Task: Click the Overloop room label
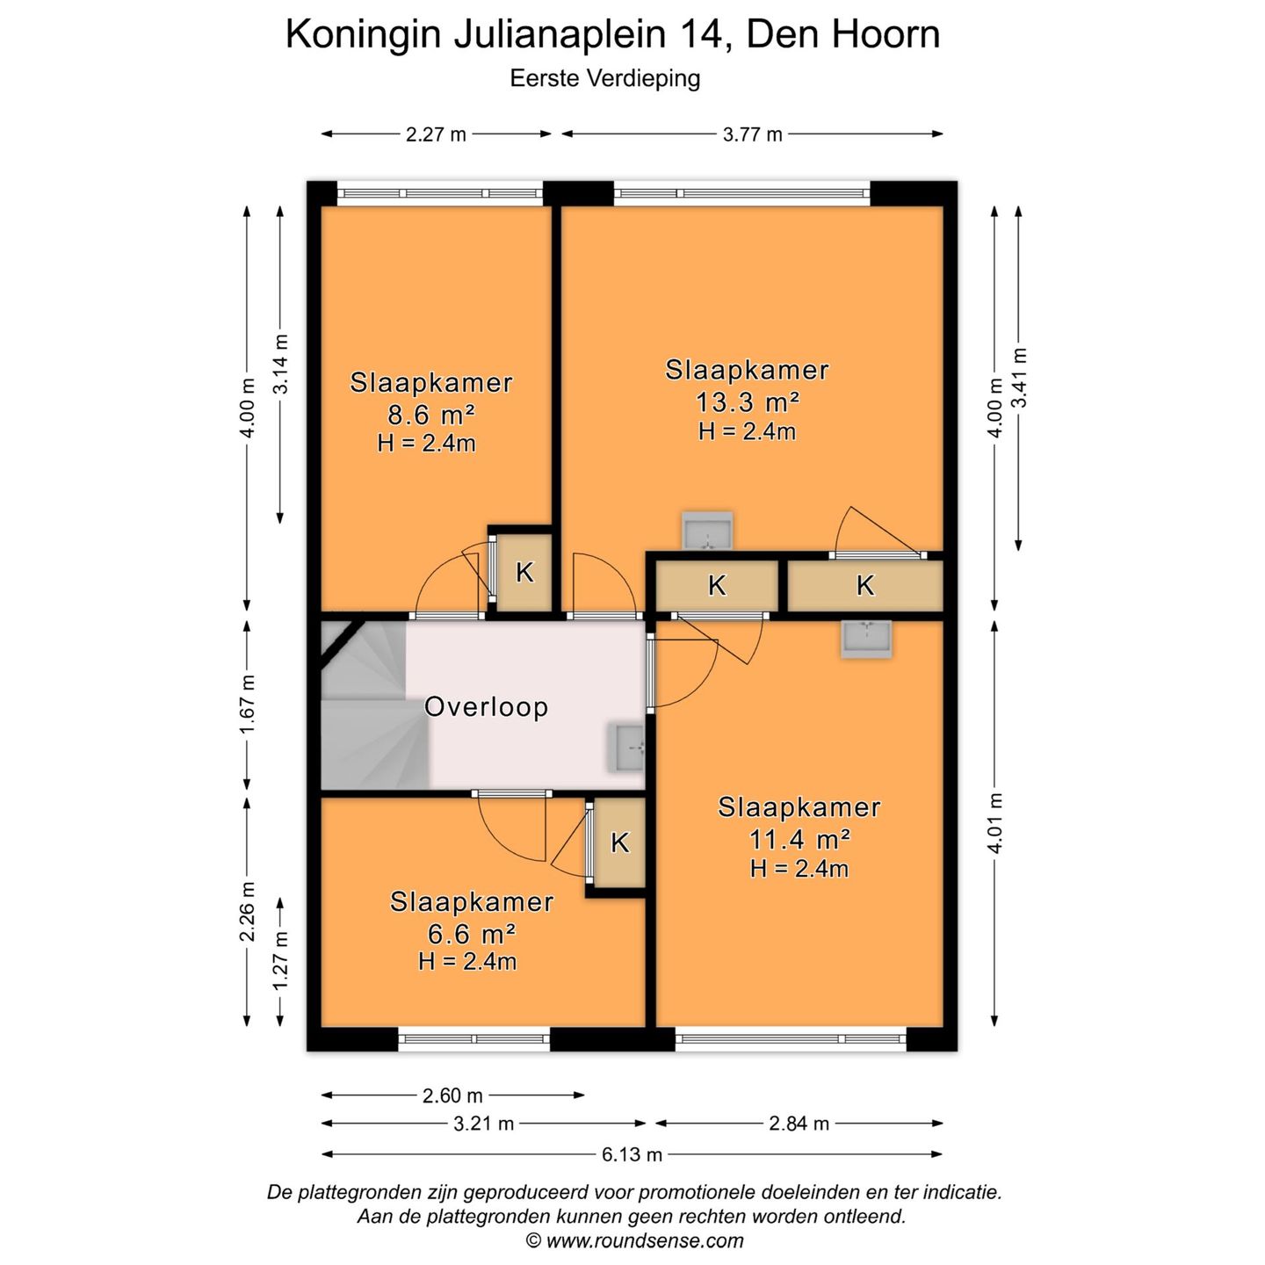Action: [486, 707]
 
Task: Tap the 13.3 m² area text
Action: [747, 402]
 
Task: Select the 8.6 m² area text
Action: [431, 415]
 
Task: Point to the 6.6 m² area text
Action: [472, 933]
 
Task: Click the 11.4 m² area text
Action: [799, 840]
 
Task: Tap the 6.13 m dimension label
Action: [632, 1154]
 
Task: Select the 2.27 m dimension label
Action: [436, 134]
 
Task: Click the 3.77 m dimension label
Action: [752, 134]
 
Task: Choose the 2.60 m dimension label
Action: [452, 1095]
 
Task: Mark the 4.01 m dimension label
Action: [995, 822]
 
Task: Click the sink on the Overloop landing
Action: [629, 748]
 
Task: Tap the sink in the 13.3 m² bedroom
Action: [708, 531]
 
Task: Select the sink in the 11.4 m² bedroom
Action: [866, 639]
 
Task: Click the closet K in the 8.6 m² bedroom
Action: [524, 573]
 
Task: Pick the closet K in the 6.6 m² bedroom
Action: [619, 843]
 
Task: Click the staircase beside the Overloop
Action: [369, 712]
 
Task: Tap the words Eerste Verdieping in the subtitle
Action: [604, 79]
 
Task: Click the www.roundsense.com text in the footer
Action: [644, 1240]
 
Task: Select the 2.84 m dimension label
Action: [799, 1124]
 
